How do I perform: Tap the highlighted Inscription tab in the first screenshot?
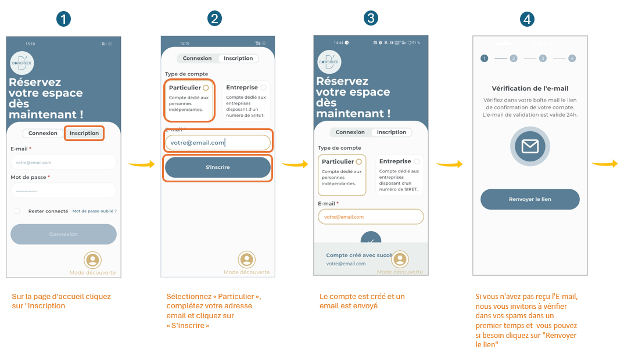point(84,133)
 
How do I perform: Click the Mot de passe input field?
point(63,190)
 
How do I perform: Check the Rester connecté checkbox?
point(17,211)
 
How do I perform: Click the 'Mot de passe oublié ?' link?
point(94,211)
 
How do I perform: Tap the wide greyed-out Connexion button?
point(63,234)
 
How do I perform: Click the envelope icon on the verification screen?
point(530,146)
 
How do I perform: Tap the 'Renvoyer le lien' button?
point(530,199)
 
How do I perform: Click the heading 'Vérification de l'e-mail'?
point(530,88)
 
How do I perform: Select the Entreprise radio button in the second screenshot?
point(264,88)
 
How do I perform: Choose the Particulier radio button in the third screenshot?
point(358,161)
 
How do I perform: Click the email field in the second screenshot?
point(217,142)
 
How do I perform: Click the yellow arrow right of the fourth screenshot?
point(604,164)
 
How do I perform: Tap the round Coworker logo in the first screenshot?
point(22,63)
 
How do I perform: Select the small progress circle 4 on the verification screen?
point(572,58)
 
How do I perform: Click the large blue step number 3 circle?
point(371,19)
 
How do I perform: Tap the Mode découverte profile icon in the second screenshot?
point(247,260)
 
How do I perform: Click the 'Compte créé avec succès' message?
point(359,255)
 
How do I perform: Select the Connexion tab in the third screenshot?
point(350,132)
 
